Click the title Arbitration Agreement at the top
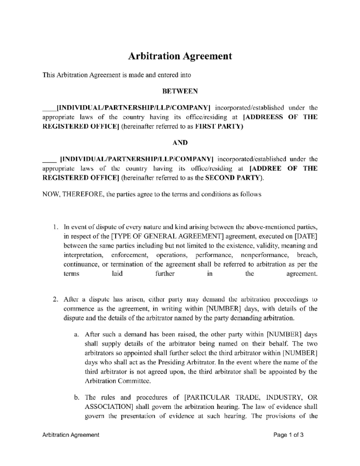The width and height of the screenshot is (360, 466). [180, 56]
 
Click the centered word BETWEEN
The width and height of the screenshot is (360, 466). [180, 91]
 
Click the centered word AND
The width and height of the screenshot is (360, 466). [180, 143]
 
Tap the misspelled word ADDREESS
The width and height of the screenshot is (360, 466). [264, 117]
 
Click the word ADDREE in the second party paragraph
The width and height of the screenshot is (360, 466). [265, 168]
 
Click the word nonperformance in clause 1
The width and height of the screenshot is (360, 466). [265, 255]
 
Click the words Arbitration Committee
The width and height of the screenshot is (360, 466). [117, 381]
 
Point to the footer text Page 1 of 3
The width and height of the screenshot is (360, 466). [288, 435]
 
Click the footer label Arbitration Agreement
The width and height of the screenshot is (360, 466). [71, 435]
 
